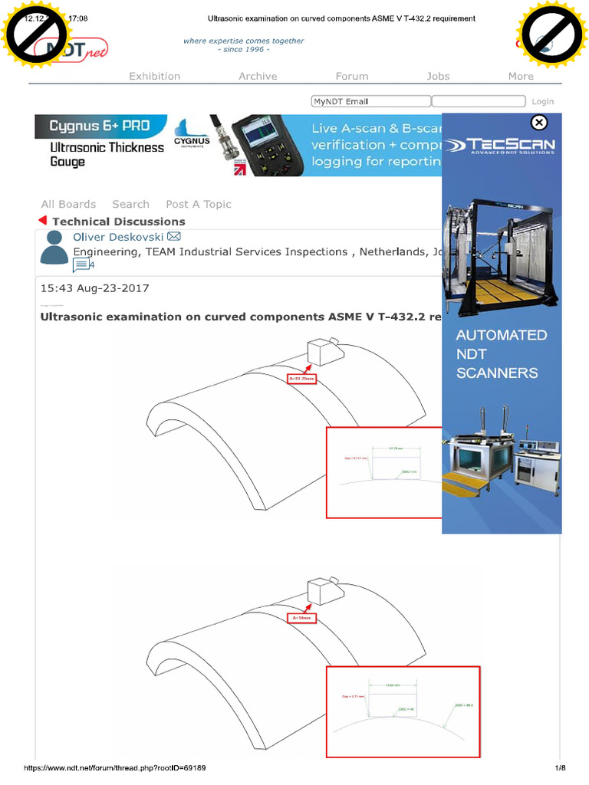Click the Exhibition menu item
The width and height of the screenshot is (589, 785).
pyautogui.click(x=154, y=76)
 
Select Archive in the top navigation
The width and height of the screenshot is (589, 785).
pyautogui.click(x=258, y=76)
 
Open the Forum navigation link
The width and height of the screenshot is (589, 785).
pyautogui.click(x=352, y=76)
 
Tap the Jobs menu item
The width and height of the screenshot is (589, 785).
pyautogui.click(x=438, y=76)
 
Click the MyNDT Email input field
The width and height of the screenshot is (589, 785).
pyautogui.click(x=370, y=101)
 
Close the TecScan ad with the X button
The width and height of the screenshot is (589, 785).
pyautogui.click(x=539, y=123)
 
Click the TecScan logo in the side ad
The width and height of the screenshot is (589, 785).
pyautogui.click(x=502, y=146)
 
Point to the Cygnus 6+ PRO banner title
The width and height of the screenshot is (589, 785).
pyautogui.click(x=99, y=126)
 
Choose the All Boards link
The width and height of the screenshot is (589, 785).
pyautogui.click(x=68, y=204)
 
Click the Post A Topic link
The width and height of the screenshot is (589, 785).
pyautogui.click(x=198, y=204)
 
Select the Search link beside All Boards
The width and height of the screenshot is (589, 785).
pyautogui.click(x=130, y=204)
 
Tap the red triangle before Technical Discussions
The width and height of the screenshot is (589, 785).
pyautogui.click(x=43, y=221)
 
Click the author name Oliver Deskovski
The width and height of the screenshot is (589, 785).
pyautogui.click(x=118, y=237)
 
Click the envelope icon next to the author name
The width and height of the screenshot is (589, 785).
pyautogui.click(x=174, y=236)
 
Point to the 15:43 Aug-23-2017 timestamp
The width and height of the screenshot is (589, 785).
pyautogui.click(x=94, y=288)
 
